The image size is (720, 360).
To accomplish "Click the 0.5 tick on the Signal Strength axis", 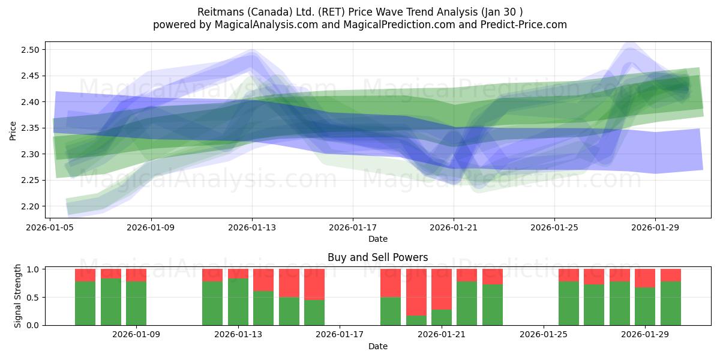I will (x=33, y=297).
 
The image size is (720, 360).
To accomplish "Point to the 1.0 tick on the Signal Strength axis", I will (x=33, y=269).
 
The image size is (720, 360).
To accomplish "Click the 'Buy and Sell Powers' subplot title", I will (x=377, y=257).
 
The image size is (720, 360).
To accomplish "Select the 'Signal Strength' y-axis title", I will (x=18, y=296).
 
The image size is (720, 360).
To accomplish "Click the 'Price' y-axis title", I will (x=13, y=130).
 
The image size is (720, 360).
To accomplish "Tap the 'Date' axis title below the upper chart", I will (x=377, y=239).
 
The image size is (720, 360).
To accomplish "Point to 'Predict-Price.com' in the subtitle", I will (x=521, y=25).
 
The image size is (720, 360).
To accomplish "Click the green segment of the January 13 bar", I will (x=238, y=302).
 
